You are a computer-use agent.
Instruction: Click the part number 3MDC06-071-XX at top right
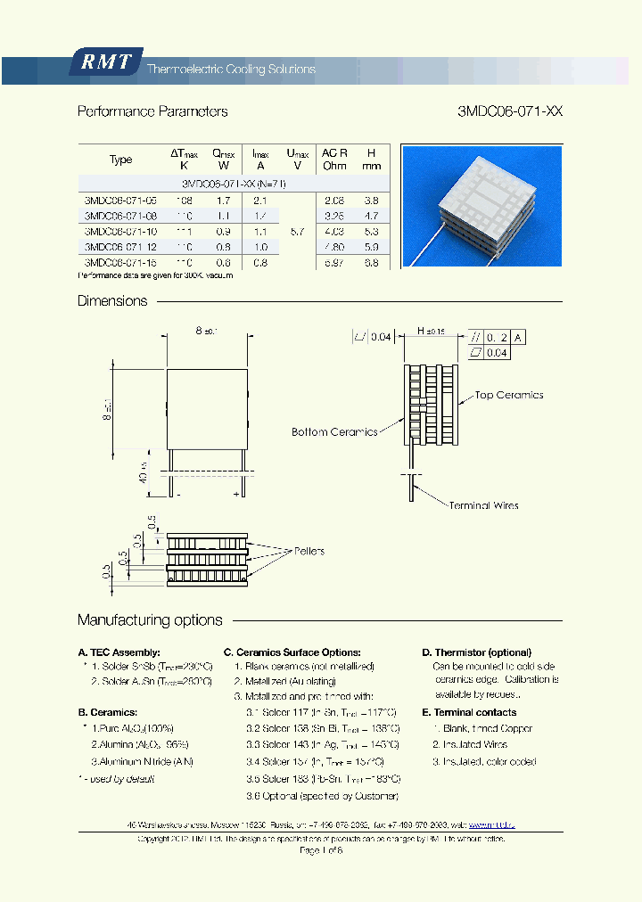(x=509, y=112)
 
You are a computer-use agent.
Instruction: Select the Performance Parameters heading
(x=152, y=112)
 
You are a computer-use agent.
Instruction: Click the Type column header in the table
(x=120, y=160)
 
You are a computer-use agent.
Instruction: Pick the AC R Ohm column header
(x=335, y=160)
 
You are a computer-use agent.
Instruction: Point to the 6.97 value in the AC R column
(x=334, y=263)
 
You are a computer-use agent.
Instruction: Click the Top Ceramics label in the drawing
(x=508, y=395)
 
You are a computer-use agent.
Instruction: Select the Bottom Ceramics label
(x=334, y=432)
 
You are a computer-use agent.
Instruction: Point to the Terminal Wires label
(x=482, y=505)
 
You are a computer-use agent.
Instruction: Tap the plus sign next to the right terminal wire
(x=236, y=493)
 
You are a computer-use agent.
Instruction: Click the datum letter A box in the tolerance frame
(x=519, y=337)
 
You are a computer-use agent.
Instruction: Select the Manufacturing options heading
(x=150, y=620)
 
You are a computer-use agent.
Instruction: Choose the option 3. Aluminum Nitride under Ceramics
(x=142, y=761)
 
